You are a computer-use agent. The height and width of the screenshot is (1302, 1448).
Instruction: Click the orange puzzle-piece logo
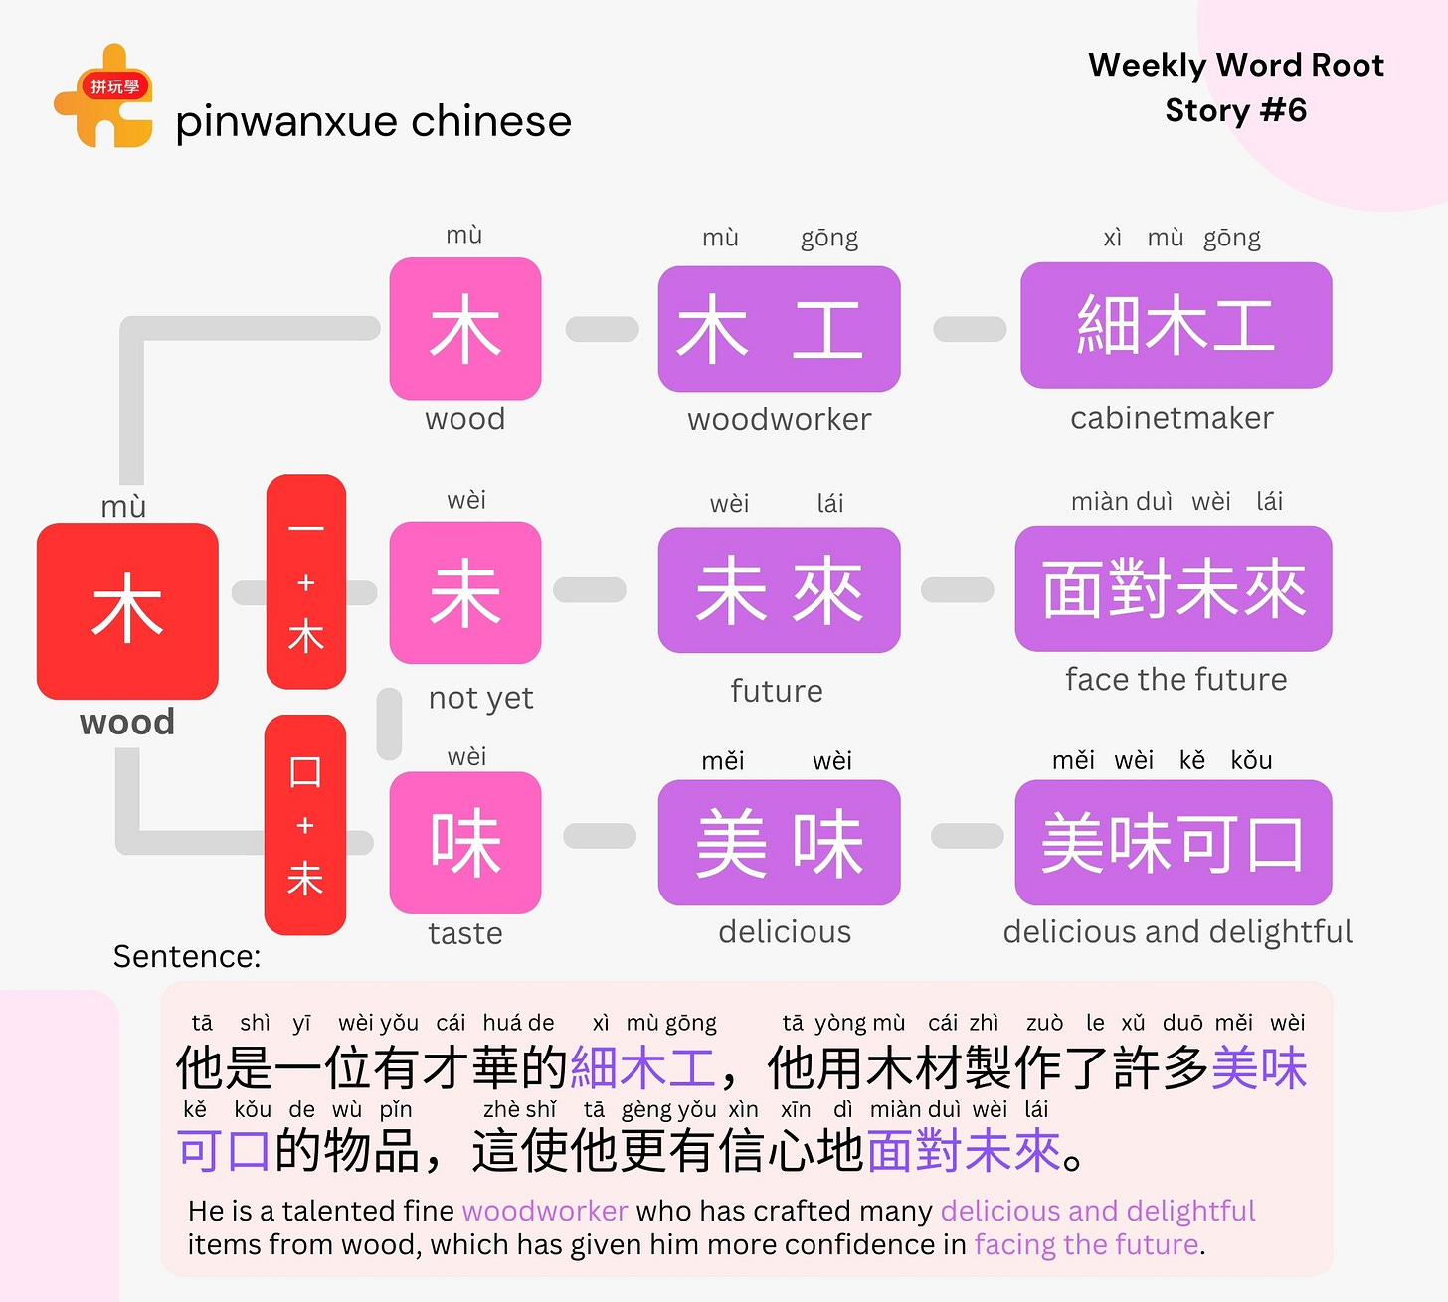[x=103, y=97]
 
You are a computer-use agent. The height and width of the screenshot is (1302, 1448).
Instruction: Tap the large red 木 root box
[x=127, y=610]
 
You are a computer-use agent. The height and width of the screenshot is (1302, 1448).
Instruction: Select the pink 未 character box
[x=465, y=592]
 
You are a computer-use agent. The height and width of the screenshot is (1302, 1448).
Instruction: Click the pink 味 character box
[x=465, y=843]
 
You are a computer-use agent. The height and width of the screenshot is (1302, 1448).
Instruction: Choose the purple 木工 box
[x=779, y=329]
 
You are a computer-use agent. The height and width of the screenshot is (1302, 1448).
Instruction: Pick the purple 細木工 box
[x=1176, y=325]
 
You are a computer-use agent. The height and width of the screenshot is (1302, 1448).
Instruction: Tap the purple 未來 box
[x=779, y=590]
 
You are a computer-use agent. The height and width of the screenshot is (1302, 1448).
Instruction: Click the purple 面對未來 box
[x=1174, y=588]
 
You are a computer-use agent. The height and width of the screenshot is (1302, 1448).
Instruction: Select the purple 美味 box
[x=779, y=843]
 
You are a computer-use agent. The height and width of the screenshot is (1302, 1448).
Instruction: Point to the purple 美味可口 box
[x=1174, y=843]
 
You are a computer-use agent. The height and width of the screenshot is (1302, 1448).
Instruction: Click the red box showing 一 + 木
[x=306, y=581]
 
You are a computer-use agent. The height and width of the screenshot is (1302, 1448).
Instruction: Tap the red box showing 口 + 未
[x=305, y=825]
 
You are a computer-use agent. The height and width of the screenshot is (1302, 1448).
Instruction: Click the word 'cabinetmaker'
[x=1172, y=418]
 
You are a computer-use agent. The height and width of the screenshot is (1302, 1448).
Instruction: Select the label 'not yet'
[x=480, y=698]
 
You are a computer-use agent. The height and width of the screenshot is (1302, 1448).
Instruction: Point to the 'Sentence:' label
[x=187, y=956]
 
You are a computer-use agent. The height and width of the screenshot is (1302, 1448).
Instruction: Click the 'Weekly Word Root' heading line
[x=1236, y=65]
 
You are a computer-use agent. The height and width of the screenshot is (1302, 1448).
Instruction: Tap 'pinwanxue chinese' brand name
[x=373, y=122]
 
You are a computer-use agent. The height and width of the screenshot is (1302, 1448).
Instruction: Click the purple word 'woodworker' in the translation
[x=545, y=1211]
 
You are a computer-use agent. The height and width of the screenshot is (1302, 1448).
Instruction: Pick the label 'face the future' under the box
[x=1176, y=680]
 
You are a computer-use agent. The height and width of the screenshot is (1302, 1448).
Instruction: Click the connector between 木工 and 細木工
[x=970, y=329]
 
